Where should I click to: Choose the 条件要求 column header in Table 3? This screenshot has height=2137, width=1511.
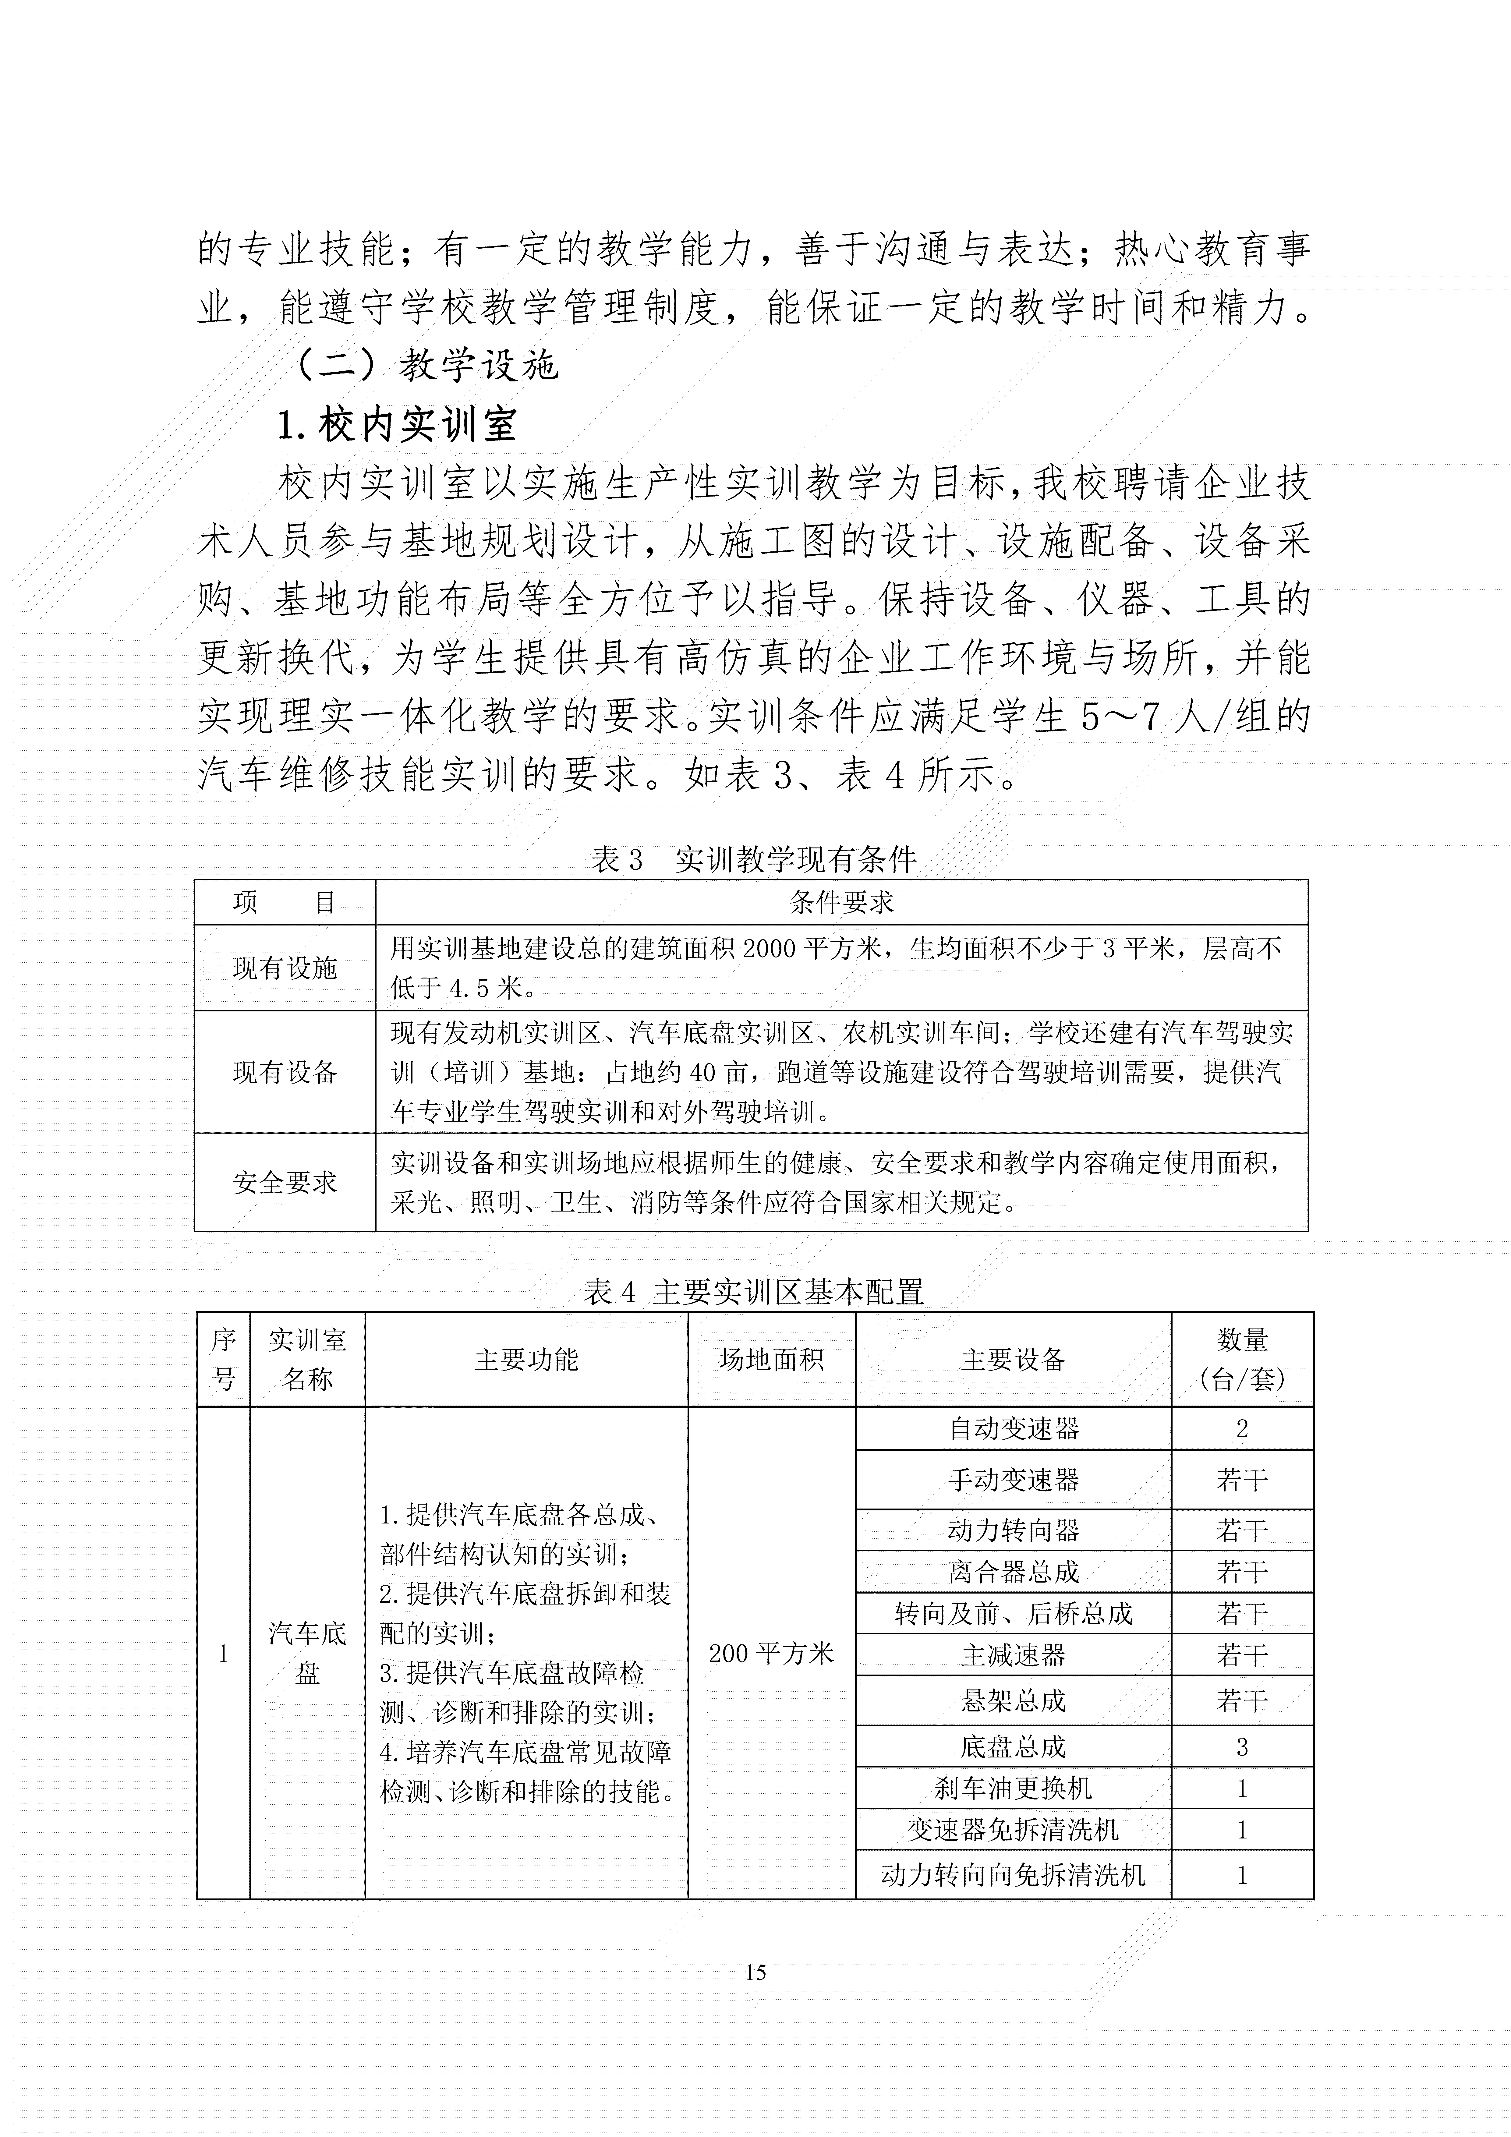coord(842,902)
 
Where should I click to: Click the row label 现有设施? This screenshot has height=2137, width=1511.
coord(285,968)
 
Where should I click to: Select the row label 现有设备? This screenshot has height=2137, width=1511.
coord(285,1072)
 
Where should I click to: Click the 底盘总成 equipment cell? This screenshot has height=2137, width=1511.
coord(1013,1747)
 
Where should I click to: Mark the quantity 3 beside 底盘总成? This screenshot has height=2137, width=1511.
coord(1242,1747)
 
